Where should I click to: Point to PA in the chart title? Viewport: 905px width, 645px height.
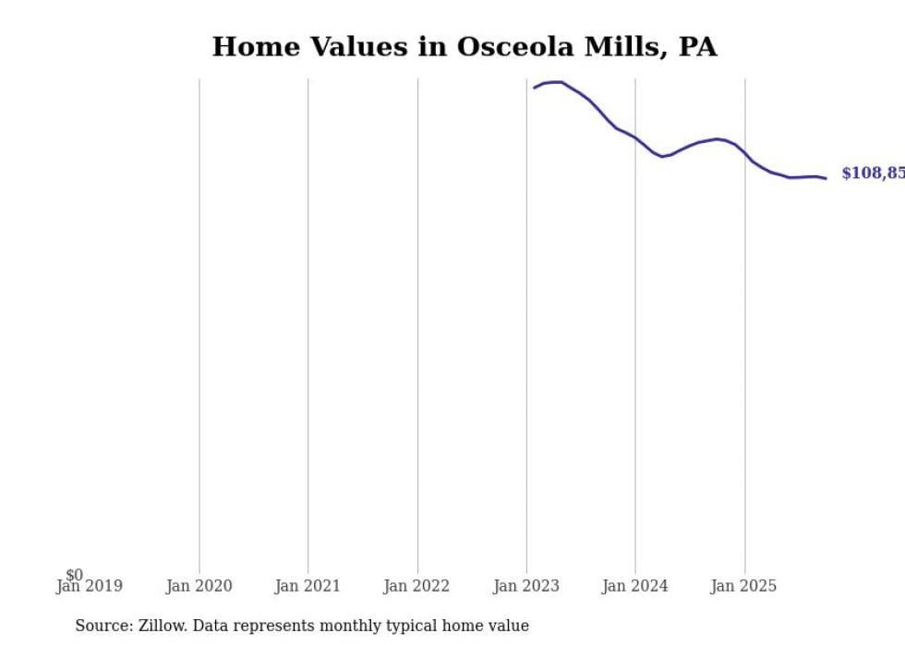point(697,47)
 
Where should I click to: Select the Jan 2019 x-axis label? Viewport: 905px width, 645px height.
point(90,586)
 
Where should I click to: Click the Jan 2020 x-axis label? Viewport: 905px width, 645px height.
point(199,586)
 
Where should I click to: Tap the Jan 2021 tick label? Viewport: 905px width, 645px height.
point(308,586)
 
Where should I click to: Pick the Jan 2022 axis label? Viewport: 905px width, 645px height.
point(416,586)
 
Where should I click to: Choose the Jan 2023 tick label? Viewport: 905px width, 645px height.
point(526,586)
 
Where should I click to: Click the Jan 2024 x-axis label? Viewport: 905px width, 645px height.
point(635,586)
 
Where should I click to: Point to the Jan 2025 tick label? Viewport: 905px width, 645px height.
point(744,586)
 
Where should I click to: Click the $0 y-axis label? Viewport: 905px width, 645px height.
point(75,575)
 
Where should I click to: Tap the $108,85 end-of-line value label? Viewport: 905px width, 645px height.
point(873,173)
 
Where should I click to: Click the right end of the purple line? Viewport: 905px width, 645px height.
point(826,178)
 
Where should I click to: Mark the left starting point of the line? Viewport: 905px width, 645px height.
point(535,88)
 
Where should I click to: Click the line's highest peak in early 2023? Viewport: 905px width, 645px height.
point(557,82)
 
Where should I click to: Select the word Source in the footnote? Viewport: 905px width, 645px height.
point(103,626)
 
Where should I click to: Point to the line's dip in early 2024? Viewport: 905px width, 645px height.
point(662,157)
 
